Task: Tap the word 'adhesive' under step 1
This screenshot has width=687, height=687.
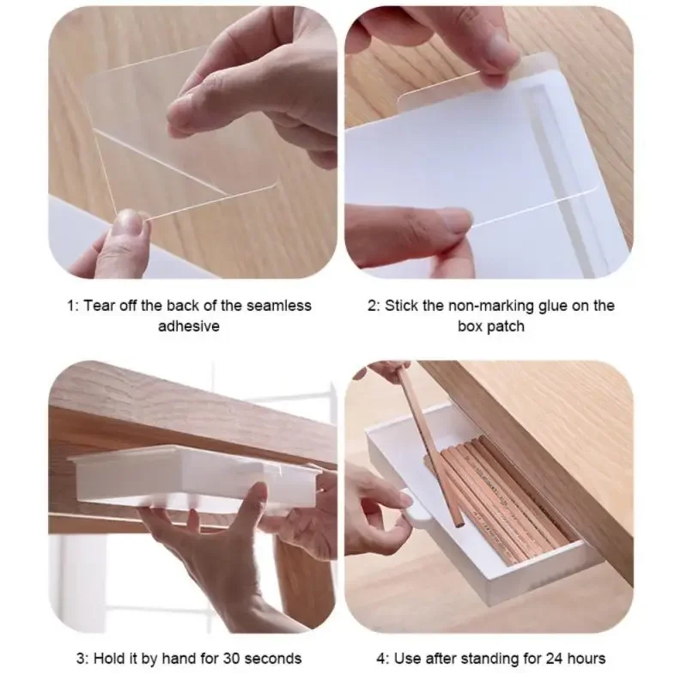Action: (x=188, y=326)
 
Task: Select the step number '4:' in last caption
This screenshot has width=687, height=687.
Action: (x=383, y=659)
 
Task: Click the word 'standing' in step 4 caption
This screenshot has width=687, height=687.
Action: (x=500, y=659)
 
